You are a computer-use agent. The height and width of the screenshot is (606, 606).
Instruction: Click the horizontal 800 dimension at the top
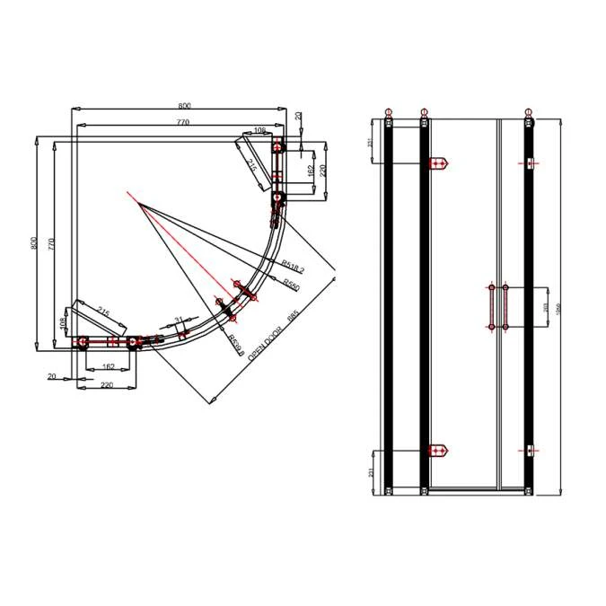click(183, 105)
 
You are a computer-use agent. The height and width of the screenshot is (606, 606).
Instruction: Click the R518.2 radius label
click(293, 266)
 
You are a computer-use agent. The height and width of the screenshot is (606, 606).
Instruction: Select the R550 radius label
click(291, 284)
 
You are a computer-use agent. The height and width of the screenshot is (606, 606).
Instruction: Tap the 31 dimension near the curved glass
click(179, 319)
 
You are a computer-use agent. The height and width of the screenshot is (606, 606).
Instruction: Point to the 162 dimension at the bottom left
click(108, 366)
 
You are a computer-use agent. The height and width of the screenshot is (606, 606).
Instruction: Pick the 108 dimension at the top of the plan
click(259, 131)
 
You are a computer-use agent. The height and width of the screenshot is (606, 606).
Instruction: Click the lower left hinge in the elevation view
click(439, 451)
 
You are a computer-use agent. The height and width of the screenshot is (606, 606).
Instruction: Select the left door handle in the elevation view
click(491, 308)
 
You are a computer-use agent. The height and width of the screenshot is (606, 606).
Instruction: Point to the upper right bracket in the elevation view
click(532, 162)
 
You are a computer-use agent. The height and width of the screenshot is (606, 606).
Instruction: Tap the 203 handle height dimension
click(547, 307)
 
